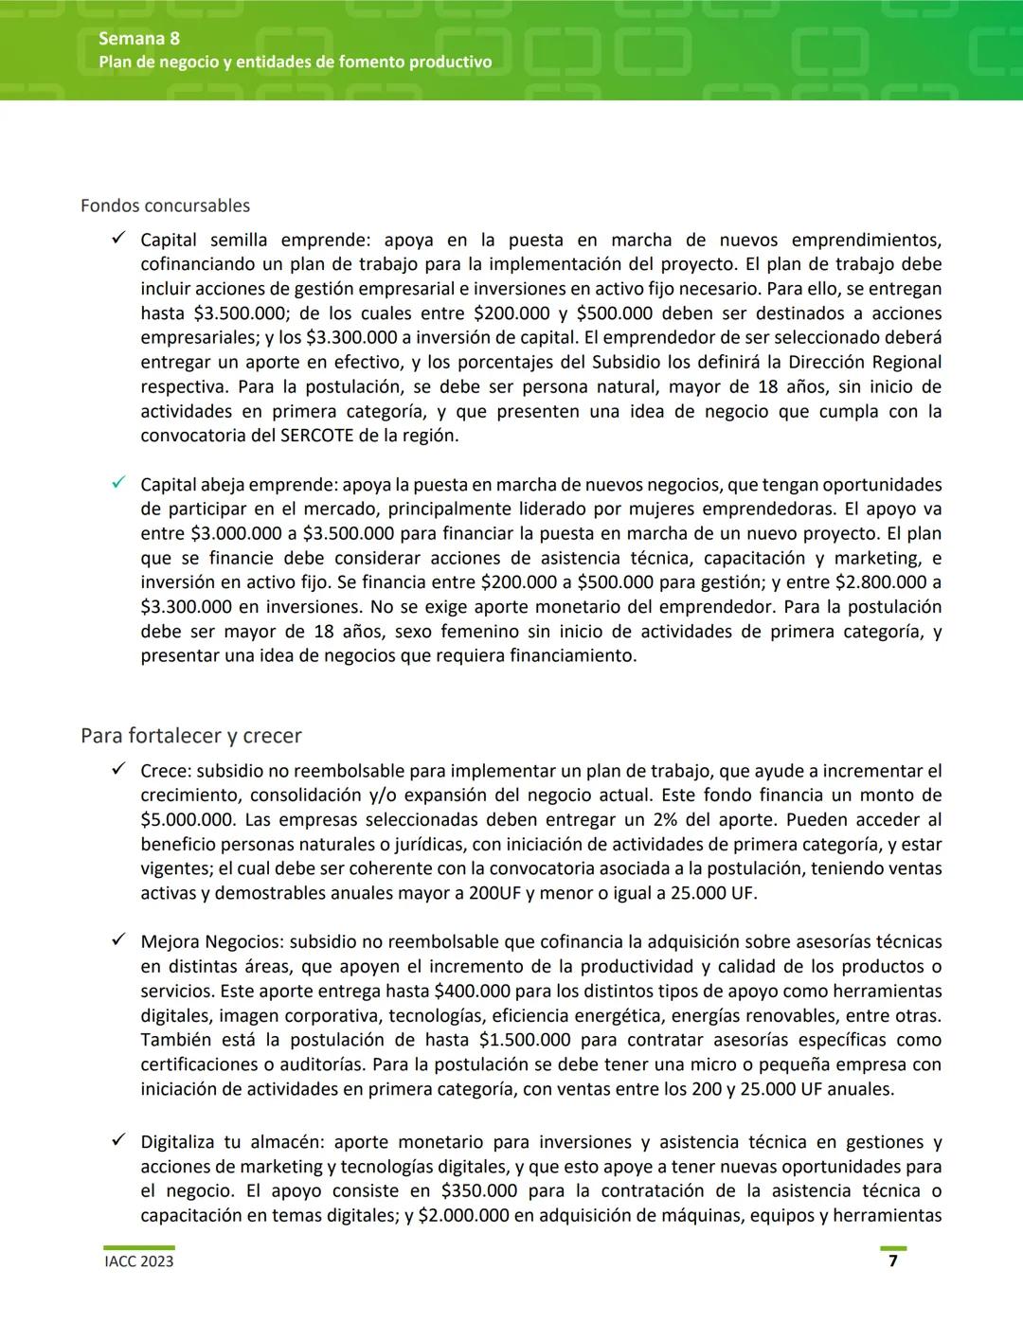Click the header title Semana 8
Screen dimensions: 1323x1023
(x=138, y=39)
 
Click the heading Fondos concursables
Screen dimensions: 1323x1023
(x=165, y=206)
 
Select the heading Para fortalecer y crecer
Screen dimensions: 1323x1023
(x=190, y=736)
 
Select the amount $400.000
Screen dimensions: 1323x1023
(x=472, y=991)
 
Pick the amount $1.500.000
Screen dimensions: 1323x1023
(x=525, y=1040)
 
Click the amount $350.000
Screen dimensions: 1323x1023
(x=479, y=1190)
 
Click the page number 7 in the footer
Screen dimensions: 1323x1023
(x=892, y=1260)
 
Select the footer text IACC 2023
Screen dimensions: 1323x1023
(x=138, y=1261)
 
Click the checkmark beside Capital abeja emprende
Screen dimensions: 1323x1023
(x=118, y=484)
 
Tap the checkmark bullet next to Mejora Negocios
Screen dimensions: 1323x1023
(x=118, y=940)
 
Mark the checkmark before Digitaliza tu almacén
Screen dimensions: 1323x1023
(x=118, y=1141)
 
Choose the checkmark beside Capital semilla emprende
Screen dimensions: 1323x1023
(x=118, y=240)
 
